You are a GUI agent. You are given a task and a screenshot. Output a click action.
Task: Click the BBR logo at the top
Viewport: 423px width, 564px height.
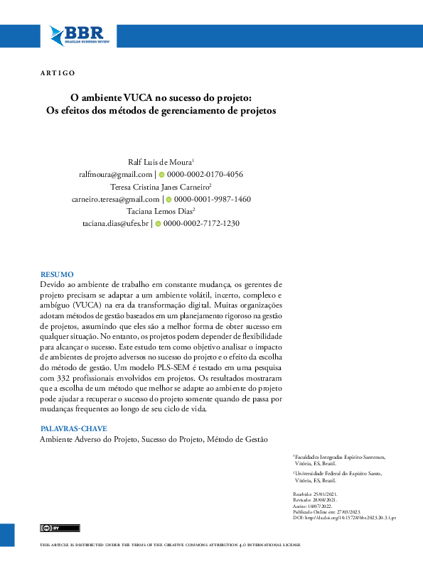tap(76, 34)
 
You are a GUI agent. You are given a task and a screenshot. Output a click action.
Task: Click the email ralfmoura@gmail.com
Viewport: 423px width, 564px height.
tap(116, 174)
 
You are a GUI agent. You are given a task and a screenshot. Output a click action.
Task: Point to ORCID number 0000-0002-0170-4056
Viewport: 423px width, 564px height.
tap(205, 174)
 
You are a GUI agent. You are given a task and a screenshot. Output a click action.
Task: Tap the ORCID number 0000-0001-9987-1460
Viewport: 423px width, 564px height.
tap(212, 200)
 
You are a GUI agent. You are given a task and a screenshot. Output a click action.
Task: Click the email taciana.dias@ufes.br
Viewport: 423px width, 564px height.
tap(116, 224)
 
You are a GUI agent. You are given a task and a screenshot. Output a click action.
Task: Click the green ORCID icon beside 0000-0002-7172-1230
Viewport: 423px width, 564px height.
tap(158, 224)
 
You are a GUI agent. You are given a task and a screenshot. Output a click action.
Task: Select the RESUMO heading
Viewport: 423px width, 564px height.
tap(57, 274)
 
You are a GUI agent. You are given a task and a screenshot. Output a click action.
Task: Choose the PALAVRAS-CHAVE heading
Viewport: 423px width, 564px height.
tap(74, 429)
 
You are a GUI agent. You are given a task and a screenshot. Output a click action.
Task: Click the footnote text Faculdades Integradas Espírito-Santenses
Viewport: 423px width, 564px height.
tap(341, 456)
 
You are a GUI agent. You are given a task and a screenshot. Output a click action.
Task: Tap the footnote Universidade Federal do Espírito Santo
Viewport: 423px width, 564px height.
tap(341, 473)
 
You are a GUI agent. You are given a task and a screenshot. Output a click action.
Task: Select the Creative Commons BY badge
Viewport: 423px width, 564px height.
tap(50, 528)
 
